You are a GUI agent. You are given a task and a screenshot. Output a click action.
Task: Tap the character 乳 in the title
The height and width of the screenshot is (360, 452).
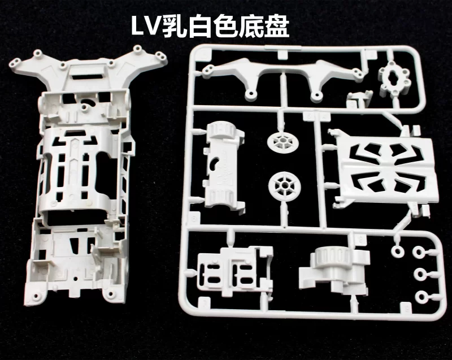(174, 26)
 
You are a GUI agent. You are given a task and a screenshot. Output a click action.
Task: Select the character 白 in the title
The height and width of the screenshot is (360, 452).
(200, 26)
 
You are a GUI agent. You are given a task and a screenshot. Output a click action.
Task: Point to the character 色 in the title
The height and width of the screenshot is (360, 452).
(225, 26)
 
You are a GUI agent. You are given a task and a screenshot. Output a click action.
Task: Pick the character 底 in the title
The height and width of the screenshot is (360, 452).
(251, 26)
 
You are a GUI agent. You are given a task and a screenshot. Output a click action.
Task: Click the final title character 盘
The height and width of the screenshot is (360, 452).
(276, 26)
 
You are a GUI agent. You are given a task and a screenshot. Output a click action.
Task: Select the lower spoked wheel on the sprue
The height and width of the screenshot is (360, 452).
(285, 184)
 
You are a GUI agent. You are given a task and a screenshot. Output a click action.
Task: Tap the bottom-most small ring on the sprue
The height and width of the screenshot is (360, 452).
(421, 297)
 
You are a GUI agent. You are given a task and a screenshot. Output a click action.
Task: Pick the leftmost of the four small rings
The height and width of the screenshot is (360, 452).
(398, 251)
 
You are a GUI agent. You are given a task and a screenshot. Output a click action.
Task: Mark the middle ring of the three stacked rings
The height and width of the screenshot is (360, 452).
(421, 274)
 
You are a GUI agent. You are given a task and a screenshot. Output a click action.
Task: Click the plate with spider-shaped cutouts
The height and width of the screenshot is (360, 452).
(386, 168)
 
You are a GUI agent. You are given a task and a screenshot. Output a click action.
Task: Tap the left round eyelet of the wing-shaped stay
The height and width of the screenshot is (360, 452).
(250, 93)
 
